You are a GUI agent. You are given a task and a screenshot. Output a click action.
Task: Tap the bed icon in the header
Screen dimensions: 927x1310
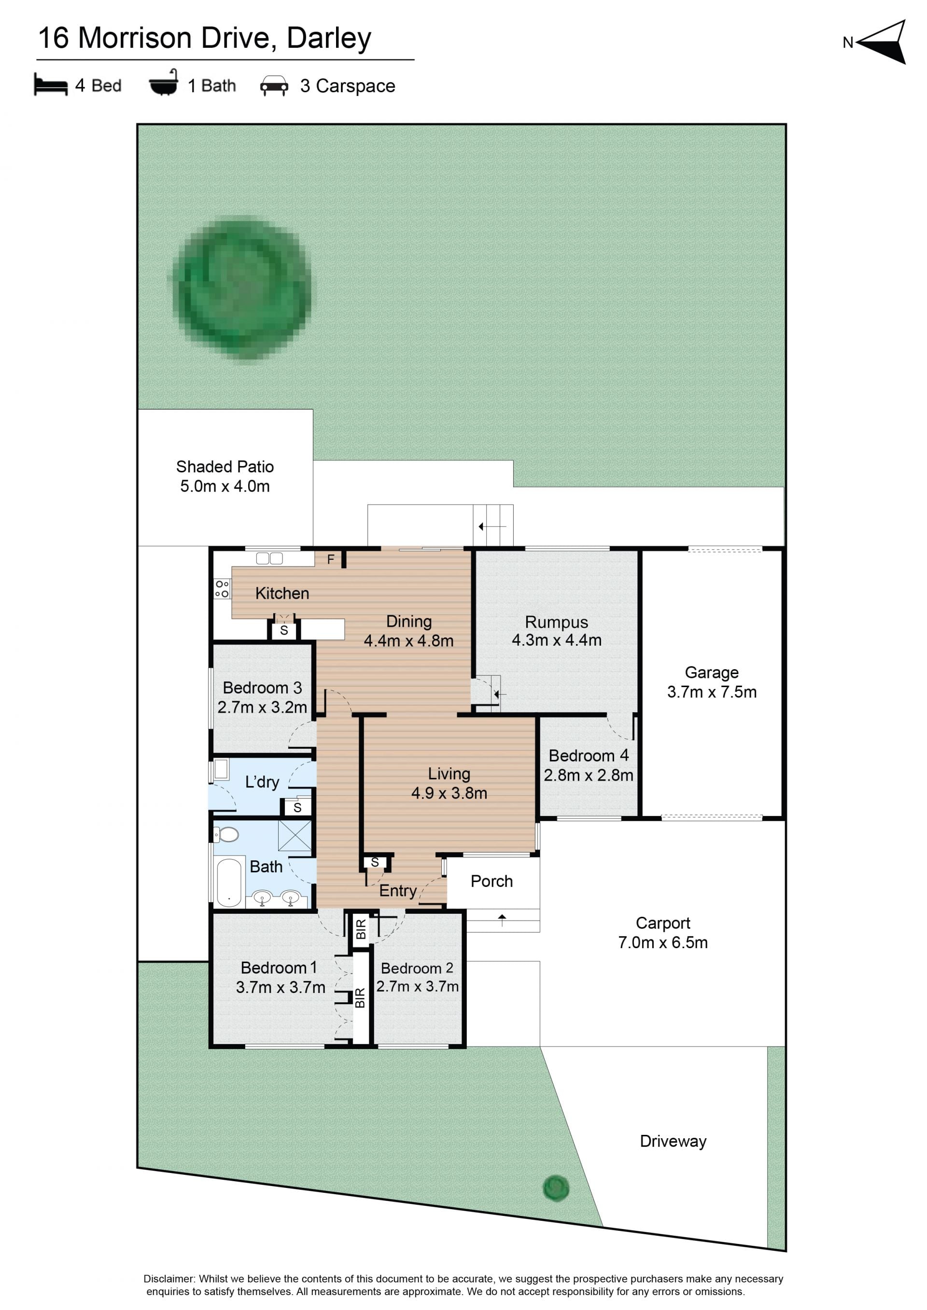[50, 84]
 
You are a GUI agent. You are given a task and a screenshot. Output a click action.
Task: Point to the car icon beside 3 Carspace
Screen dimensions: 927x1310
[274, 85]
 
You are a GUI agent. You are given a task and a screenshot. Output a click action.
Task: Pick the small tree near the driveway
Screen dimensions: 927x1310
[555, 1188]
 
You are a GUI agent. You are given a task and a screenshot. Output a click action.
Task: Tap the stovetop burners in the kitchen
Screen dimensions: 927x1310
[222, 589]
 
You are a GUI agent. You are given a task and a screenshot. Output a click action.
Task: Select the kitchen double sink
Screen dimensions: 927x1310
[269, 559]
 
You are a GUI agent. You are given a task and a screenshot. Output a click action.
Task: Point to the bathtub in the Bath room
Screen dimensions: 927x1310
[229, 882]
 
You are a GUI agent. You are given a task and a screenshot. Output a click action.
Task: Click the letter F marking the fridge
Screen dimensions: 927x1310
[331, 560]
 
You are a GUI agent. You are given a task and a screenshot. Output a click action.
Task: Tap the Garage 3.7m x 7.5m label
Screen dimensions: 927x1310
[712, 682]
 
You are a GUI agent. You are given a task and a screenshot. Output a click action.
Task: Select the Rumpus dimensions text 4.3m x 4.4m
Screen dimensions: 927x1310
[557, 640]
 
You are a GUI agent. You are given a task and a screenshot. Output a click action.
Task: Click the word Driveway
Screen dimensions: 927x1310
[673, 1141]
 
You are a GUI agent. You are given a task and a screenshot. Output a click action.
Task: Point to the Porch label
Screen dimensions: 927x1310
[492, 882]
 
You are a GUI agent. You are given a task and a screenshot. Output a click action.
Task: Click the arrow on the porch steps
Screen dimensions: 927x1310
[502, 920]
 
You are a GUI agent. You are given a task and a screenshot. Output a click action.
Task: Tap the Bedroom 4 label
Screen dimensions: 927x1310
[589, 756]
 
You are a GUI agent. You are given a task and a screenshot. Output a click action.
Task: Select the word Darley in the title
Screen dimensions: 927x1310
[329, 39]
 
